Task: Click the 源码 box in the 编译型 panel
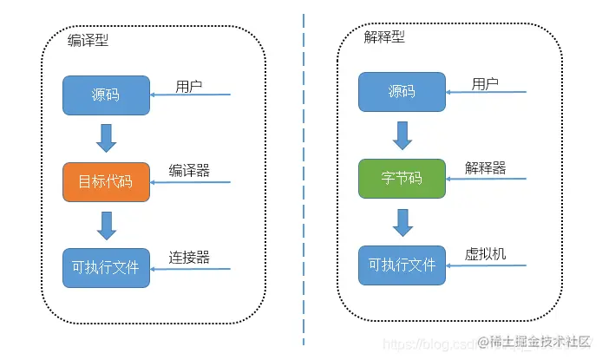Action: (x=106, y=95)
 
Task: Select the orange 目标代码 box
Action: (x=106, y=181)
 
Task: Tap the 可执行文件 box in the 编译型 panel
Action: (x=106, y=268)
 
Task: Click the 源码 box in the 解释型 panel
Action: (x=402, y=92)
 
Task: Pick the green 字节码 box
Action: (x=402, y=179)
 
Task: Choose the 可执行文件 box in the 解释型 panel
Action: (x=402, y=265)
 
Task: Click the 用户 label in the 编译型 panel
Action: (x=189, y=86)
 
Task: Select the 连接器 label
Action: (x=189, y=258)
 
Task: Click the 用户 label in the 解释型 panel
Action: (x=485, y=83)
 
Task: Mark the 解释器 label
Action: (x=485, y=167)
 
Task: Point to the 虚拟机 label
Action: (x=485, y=254)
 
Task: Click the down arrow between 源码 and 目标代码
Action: (x=107, y=138)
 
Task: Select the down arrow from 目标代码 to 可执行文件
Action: (x=107, y=225)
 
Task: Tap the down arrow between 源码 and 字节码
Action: (x=402, y=135)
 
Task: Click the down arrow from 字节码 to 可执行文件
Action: (x=402, y=221)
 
